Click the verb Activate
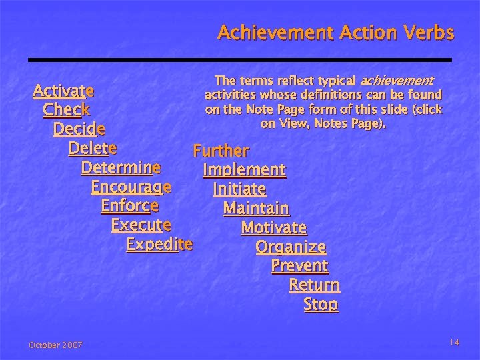click(63, 90)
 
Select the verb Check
click(66, 109)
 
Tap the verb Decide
click(79, 128)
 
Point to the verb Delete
click(93, 147)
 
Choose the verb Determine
click(121, 167)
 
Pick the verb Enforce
click(129, 205)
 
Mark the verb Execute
click(141, 225)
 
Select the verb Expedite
click(159, 244)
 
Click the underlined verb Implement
click(244, 171)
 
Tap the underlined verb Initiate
click(239, 190)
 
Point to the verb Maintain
click(256, 209)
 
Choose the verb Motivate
click(273, 228)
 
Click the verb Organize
click(291, 247)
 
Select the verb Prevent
click(299, 266)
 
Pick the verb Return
click(314, 285)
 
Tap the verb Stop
click(321, 305)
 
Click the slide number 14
click(454, 342)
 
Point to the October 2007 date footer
click(55, 345)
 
